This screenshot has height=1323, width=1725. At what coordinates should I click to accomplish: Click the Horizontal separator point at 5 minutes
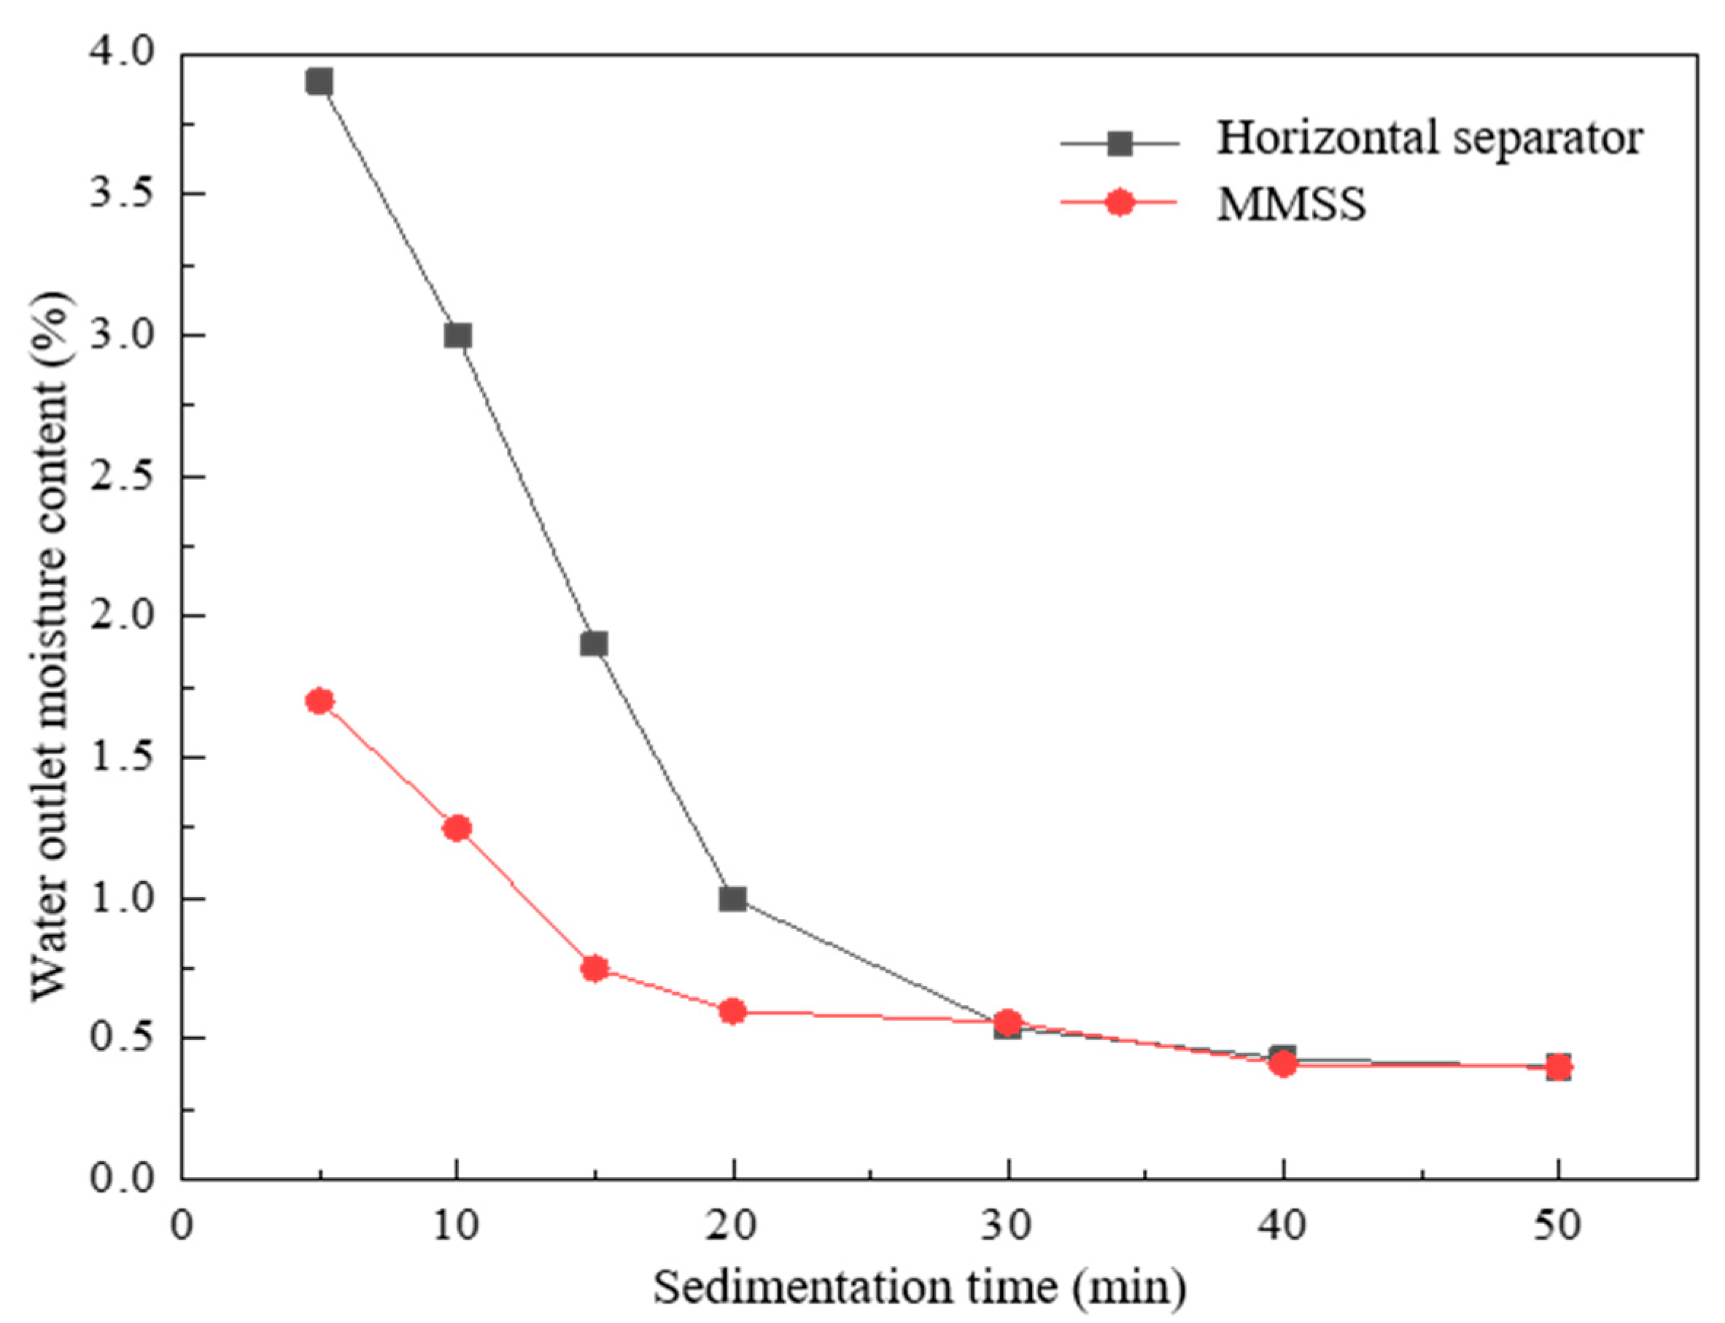click(319, 81)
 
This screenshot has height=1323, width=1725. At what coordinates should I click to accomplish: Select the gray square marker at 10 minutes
click(457, 335)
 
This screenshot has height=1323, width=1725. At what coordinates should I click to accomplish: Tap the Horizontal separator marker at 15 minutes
click(594, 643)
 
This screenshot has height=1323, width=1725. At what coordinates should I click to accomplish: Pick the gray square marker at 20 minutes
click(732, 899)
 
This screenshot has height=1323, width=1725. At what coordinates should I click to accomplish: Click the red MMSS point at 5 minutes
click(319, 700)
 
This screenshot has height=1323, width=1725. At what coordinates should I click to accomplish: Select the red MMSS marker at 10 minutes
click(457, 828)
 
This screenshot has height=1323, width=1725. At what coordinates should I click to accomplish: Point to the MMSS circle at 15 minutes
click(594, 968)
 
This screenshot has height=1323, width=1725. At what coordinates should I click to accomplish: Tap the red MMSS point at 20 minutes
click(732, 1010)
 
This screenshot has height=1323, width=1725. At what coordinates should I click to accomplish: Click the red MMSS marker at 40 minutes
click(1283, 1065)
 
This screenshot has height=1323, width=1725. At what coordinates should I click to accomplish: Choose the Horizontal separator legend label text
click(1430, 139)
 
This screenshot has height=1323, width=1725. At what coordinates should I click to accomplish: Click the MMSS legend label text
click(1291, 204)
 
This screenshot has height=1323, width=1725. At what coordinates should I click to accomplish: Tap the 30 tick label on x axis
click(1007, 1226)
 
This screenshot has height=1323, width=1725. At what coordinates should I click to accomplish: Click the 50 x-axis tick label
click(1557, 1226)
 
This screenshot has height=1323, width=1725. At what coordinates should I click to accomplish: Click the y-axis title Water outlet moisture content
click(50, 645)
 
